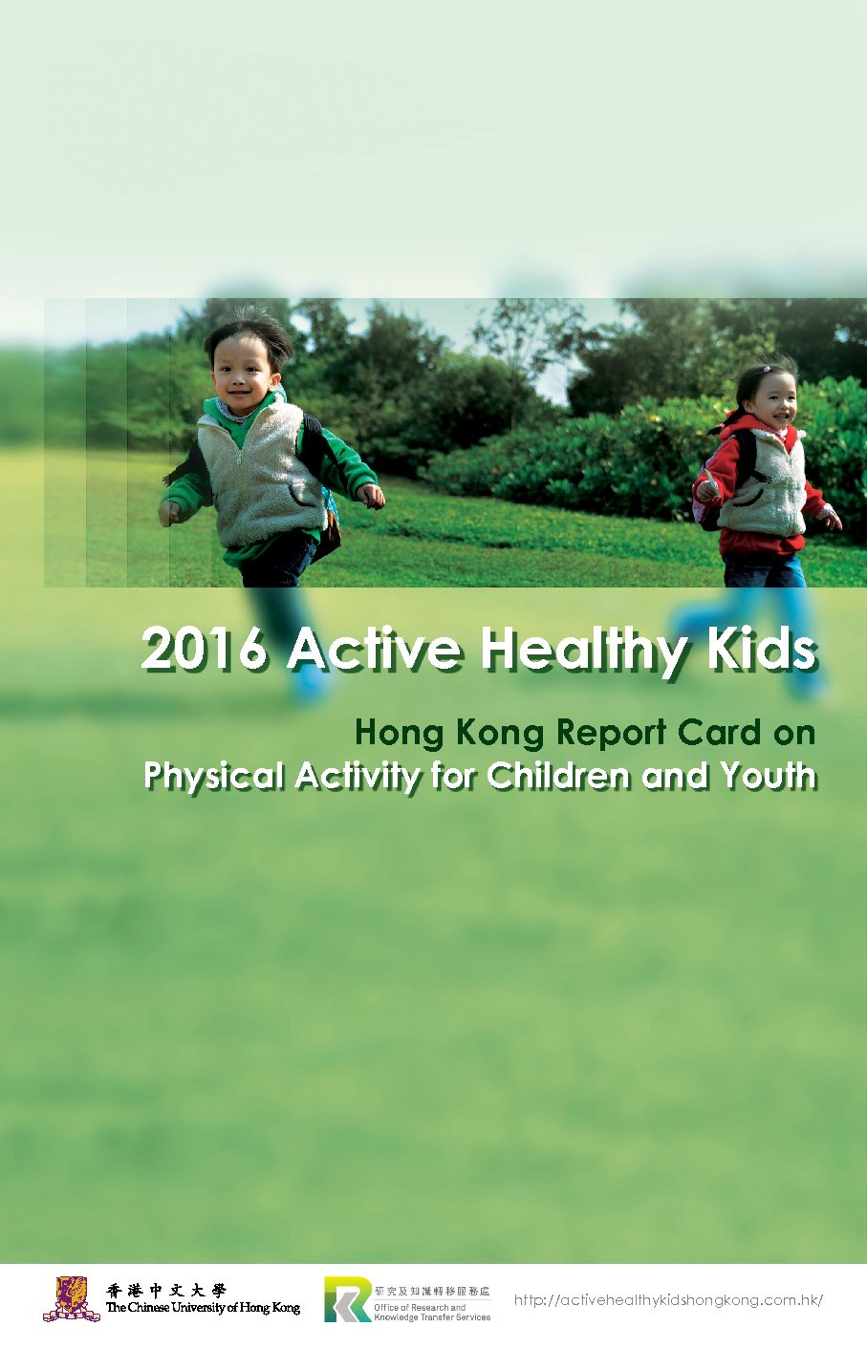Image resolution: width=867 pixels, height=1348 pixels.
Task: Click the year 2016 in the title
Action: pos(204,648)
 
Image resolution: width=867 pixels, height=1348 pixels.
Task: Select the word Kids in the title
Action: pos(762,648)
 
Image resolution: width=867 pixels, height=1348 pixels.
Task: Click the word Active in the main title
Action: pos(374,648)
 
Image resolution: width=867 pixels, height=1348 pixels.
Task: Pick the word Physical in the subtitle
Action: pos(214,778)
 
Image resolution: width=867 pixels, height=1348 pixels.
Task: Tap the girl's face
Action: pos(771,401)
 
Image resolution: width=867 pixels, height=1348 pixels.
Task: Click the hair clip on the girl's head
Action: pos(766,369)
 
